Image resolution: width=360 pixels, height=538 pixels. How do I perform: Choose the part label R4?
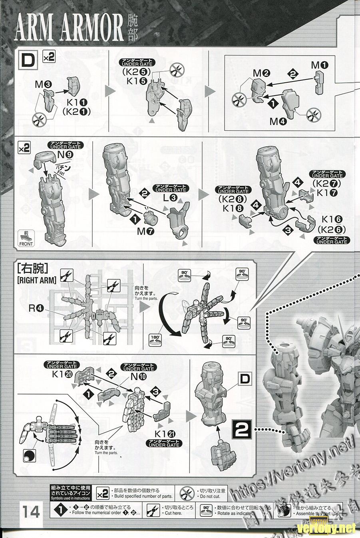(x=39, y=308)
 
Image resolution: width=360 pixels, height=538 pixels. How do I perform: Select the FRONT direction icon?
(x=26, y=239)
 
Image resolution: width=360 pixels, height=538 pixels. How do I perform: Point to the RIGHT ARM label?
(x=36, y=280)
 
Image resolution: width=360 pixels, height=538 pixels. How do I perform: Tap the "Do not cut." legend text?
(x=209, y=496)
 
